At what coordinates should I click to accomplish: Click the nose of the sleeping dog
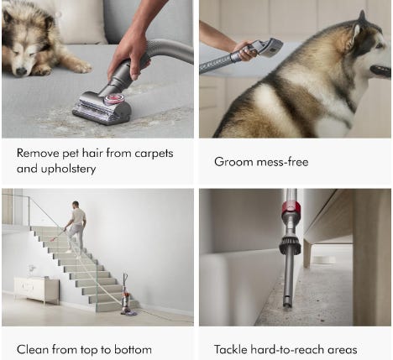pyautogui.click(x=21, y=71)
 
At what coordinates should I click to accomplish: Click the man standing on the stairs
pyautogui.click(x=76, y=227)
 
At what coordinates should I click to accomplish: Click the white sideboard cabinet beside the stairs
pyautogui.click(x=36, y=290)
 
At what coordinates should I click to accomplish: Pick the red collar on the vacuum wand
pyautogui.click(x=291, y=207)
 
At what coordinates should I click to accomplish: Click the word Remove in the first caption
pyautogui.click(x=38, y=154)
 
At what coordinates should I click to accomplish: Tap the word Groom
pyautogui.click(x=233, y=162)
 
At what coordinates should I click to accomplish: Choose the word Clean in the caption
pyautogui.click(x=33, y=350)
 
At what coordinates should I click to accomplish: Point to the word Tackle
pyautogui.click(x=231, y=350)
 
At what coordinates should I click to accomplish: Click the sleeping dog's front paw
pyautogui.click(x=81, y=67)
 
